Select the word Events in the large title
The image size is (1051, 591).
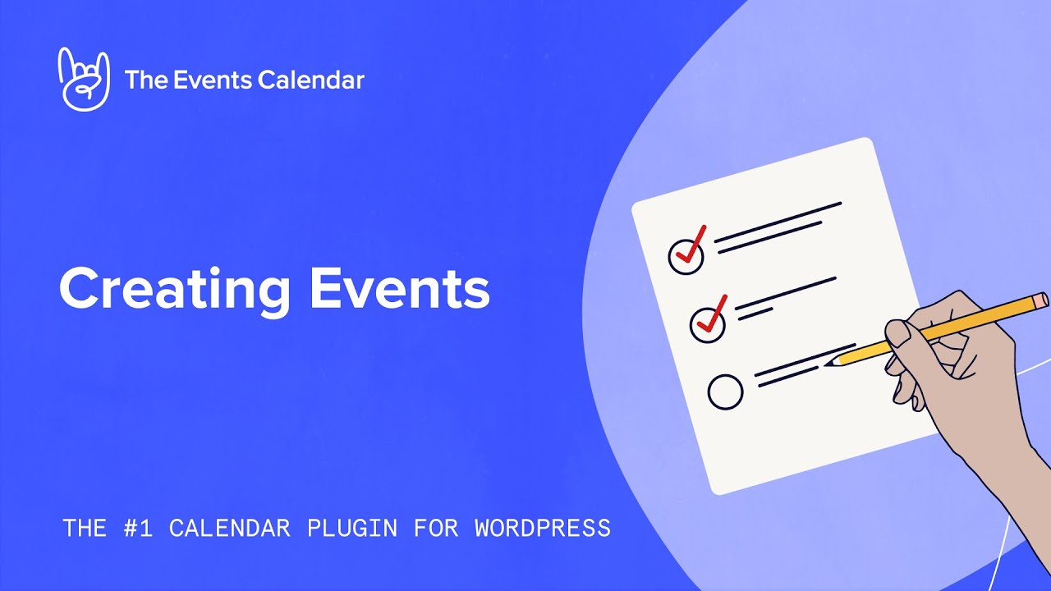(399, 288)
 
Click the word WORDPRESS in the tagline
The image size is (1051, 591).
(543, 527)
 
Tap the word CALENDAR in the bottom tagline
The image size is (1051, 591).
(230, 527)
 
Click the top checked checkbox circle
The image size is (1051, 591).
(686, 256)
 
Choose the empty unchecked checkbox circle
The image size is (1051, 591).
(725, 392)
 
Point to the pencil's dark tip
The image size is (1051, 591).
(829, 362)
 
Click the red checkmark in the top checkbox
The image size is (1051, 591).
(691, 244)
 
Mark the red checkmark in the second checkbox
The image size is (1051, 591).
(712, 313)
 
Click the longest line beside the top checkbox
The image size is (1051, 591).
(778, 222)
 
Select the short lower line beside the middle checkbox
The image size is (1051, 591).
(754, 313)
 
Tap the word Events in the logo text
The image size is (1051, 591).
(213, 80)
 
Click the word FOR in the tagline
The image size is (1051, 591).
(434, 527)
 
